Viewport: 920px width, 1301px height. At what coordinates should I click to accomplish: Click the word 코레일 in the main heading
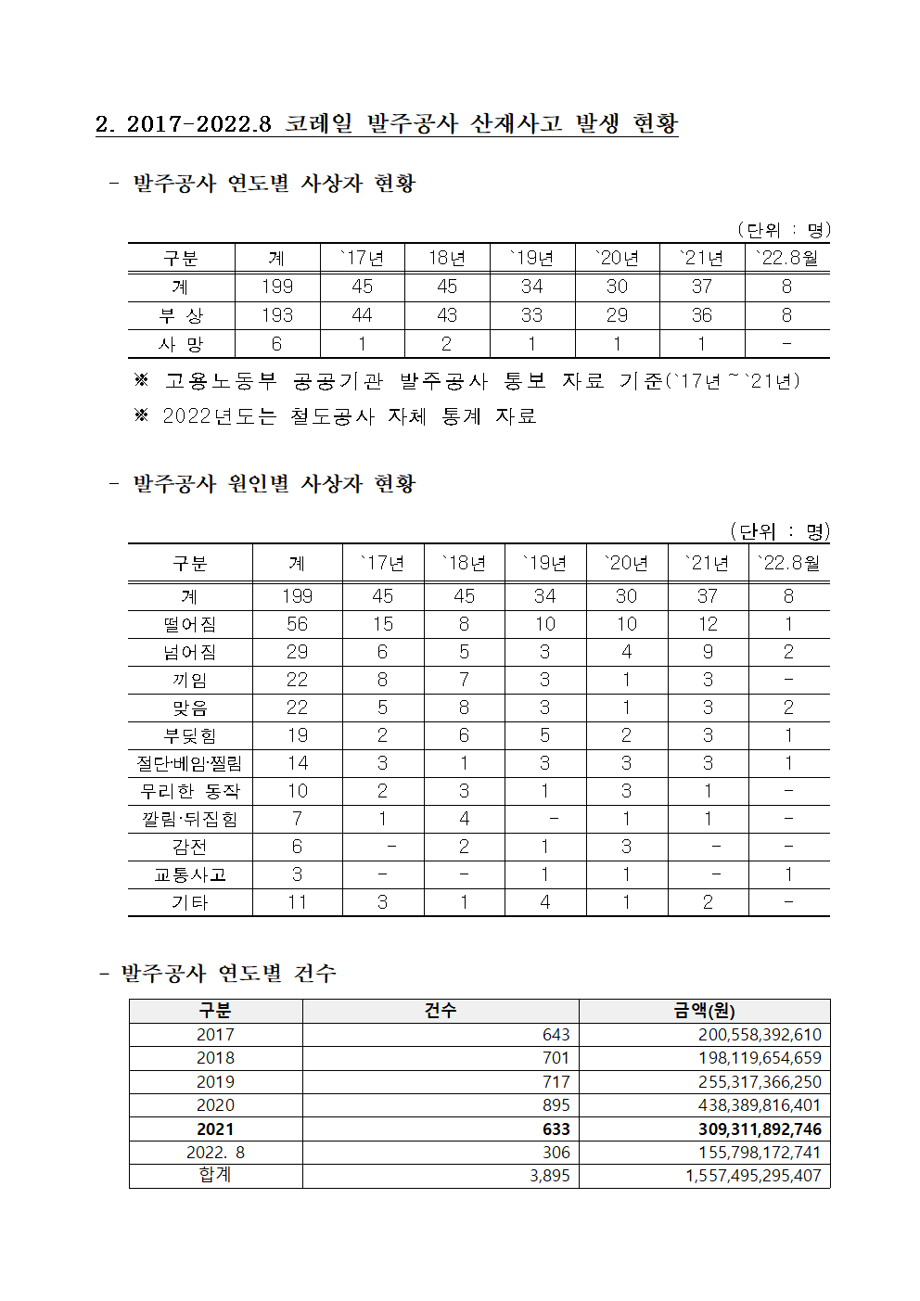pos(319,123)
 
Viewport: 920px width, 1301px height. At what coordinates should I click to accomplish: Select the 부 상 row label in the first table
pos(181,315)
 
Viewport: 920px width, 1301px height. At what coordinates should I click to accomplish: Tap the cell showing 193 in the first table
pos(276,315)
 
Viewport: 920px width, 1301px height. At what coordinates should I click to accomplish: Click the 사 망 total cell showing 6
pos(276,344)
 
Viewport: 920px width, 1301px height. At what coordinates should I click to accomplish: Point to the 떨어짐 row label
pos(190,624)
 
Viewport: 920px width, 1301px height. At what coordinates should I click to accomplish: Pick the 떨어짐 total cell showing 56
pos(297,624)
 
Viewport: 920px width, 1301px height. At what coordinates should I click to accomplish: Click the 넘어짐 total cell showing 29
pos(297,652)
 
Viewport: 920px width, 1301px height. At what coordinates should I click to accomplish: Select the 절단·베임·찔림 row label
pos(190,763)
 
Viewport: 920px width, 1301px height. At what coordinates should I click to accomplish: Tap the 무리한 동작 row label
pos(190,791)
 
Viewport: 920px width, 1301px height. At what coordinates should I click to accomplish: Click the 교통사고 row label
pos(190,874)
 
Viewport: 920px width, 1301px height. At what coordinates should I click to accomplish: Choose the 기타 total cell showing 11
pos(297,902)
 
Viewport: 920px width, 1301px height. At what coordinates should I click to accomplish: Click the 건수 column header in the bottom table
pos(441,1011)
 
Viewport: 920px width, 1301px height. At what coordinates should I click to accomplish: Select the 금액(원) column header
pos(704,1011)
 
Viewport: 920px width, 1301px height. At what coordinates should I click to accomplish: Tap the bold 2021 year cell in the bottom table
pos(215,1129)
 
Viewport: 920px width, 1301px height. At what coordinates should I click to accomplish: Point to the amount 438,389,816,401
pos(760,1105)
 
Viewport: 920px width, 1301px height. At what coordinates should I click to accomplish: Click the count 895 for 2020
pos(556,1105)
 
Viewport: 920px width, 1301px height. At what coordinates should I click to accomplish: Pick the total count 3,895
pos(549,1176)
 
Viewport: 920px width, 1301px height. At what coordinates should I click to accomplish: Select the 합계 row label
pos(215,1175)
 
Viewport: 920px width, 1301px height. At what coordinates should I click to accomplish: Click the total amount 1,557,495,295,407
pos(753,1176)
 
